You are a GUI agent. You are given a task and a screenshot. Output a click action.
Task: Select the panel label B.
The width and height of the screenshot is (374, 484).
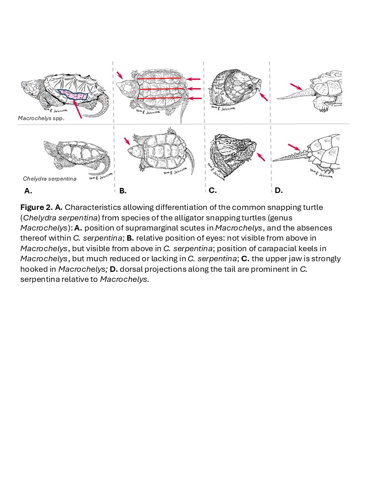coord(122,190)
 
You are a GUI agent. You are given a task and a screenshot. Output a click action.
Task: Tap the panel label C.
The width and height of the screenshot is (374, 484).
coord(212,190)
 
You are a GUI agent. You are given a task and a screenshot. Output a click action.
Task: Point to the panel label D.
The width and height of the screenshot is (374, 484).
coord(279,190)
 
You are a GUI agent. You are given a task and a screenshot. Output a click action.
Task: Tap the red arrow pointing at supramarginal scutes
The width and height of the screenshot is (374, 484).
coord(77,110)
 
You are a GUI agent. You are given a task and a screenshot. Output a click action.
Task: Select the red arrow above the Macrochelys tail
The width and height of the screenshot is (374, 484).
coord(296,86)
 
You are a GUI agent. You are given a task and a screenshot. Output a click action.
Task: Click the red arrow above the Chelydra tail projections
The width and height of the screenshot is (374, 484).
coord(294,147)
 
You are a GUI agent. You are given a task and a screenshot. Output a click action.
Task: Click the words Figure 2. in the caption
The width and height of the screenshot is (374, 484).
coord(36,207)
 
